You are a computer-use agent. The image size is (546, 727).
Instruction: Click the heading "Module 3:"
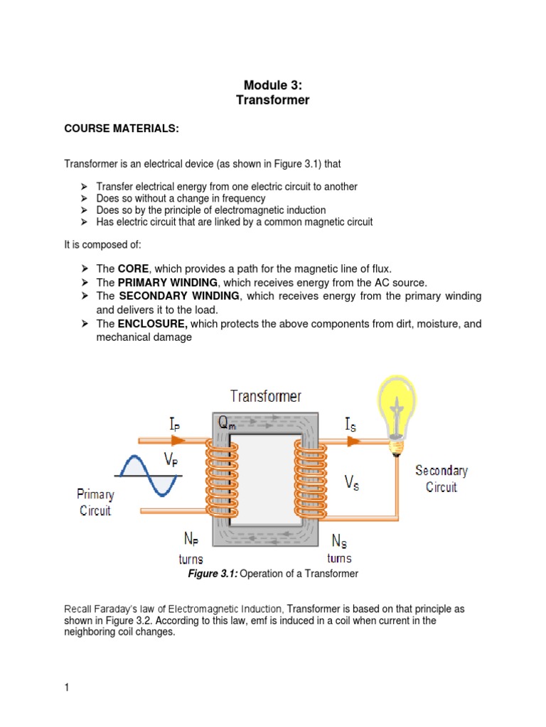(273, 85)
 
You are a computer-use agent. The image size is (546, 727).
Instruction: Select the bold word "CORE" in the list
(133, 268)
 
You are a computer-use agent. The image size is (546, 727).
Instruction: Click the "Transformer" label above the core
(266, 396)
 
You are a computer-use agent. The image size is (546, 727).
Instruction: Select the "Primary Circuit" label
(95, 502)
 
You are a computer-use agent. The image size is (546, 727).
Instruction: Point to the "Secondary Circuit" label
(441, 479)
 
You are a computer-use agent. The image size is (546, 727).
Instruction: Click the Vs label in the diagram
(351, 483)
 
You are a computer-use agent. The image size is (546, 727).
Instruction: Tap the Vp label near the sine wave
(171, 460)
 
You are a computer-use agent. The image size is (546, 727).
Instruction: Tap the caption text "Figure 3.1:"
(212, 574)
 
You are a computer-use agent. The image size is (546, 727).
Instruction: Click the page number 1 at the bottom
(67, 687)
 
